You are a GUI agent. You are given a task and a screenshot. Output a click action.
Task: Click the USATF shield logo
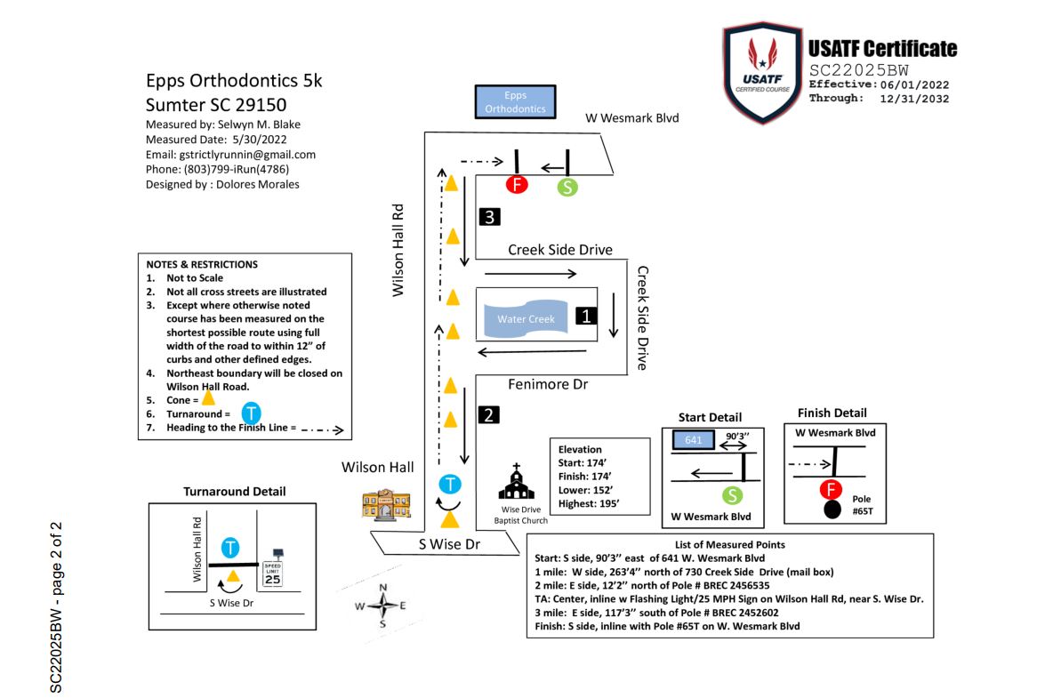click(762, 73)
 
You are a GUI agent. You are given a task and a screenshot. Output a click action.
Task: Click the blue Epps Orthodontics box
click(515, 102)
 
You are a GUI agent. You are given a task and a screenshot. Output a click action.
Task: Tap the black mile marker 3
click(490, 216)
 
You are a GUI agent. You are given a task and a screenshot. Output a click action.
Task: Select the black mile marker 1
click(586, 316)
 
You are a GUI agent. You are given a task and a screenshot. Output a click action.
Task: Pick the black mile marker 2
click(488, 415)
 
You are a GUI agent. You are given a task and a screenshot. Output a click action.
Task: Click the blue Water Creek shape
click(526, 319)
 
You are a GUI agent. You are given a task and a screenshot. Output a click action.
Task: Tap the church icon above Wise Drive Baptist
click(517, 482)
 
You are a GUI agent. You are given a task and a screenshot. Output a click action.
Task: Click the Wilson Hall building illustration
click(387, 504)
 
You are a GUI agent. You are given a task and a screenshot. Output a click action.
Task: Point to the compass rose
click(382, 606)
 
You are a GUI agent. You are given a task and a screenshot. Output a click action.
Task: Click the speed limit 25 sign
click(273, 568)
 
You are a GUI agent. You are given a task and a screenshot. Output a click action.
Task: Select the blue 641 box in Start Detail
click(693, 440)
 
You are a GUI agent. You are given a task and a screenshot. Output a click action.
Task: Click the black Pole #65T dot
click(832, 510)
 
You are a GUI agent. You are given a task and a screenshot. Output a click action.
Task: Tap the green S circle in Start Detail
click(733, 495)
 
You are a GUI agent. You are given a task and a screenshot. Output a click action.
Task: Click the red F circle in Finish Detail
click(831, 490)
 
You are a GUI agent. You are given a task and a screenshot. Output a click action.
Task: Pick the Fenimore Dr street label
click(548, 384)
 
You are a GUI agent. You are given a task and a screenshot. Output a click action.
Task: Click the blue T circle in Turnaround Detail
click(230, 548)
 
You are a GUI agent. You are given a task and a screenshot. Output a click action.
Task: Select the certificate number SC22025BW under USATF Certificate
click(858, 70)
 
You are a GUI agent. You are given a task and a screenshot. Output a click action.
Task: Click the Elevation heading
click(580, 450)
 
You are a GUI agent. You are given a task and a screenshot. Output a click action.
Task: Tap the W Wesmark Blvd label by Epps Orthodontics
click(631, 118)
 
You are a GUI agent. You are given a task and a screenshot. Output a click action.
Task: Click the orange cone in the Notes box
click(209, 397)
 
